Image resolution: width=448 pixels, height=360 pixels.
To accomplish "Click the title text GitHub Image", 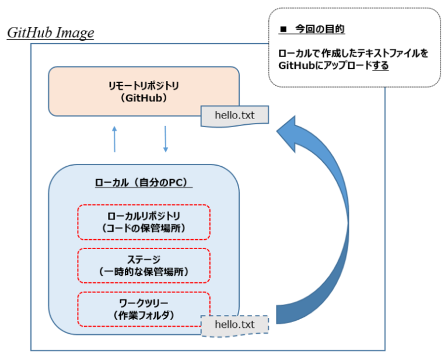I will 50,33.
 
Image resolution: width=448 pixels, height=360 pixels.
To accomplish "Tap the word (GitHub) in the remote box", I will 143,98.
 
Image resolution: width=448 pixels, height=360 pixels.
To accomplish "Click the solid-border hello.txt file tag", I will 235,115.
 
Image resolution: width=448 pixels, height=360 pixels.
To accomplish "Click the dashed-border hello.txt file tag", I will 235,324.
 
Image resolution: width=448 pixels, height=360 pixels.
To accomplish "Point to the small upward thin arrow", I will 114,139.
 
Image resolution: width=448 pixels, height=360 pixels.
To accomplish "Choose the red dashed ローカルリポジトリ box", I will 143,222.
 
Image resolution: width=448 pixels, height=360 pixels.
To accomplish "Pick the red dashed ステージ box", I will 143,265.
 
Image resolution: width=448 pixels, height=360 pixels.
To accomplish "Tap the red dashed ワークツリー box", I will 143,308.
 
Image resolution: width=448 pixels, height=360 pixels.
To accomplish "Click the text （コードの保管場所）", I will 143,228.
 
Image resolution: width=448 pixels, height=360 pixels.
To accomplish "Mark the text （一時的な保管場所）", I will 143,271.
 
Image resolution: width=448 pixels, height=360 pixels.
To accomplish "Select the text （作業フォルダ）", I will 143,315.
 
